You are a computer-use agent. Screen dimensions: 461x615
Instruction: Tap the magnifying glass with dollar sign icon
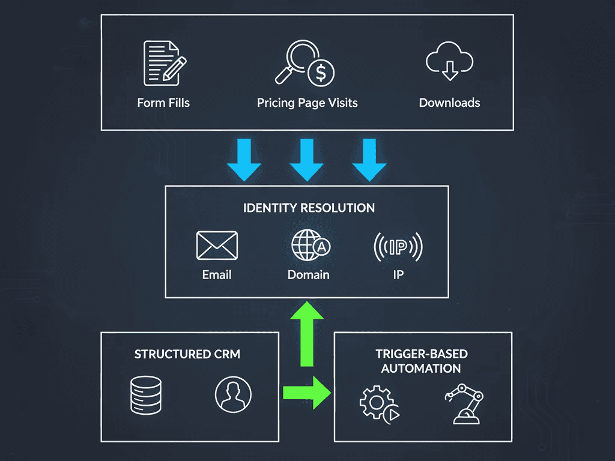click(x=305, y=64)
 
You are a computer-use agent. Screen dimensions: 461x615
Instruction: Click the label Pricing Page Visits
click(x=307, y=103)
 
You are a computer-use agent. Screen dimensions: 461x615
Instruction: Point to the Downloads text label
click(x=449, y=103)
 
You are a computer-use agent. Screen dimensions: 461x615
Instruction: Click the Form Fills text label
click(x=163, y=103)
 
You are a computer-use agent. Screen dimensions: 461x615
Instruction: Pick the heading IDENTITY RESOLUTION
click(x=309, y=208)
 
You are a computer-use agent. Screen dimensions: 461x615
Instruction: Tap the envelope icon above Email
click(x=217, y=246)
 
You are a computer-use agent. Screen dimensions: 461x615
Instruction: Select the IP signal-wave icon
click(x=398, y=246)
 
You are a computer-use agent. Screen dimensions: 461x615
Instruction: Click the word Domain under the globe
click(x=308, y=275)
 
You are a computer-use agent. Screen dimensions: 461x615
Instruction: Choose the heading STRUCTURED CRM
click(x=187, y=354)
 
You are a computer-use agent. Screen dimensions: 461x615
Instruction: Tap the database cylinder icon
click(x=146, y=394)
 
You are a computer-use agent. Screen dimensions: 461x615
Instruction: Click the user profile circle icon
click(x=233, y=395)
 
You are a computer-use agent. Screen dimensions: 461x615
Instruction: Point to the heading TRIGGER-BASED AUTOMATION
click(x=421, y=361)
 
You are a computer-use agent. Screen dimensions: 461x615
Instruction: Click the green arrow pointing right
click(x=306, y=393)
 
